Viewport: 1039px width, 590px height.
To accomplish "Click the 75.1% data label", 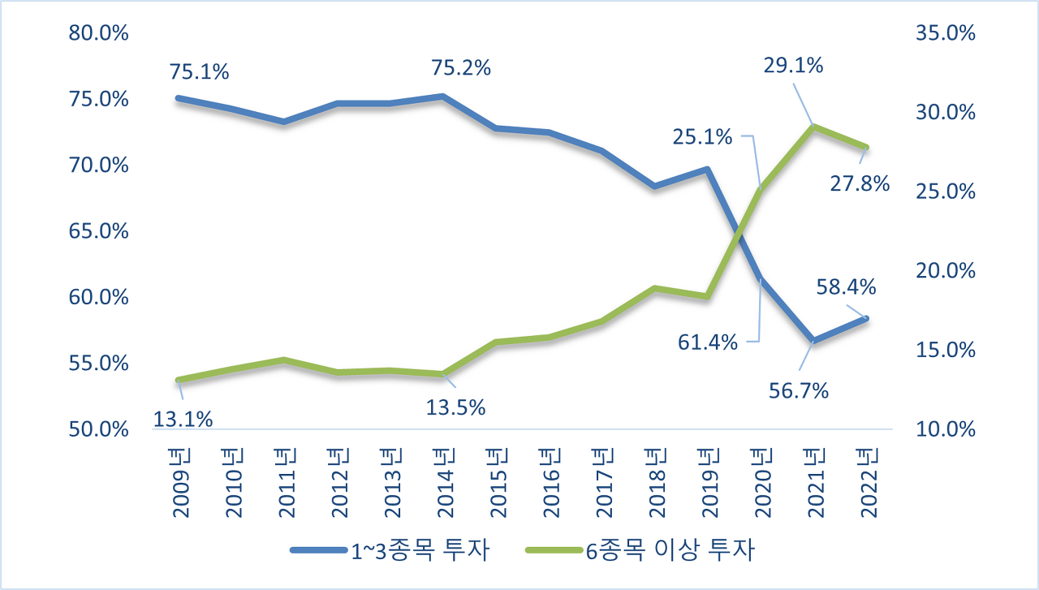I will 200,72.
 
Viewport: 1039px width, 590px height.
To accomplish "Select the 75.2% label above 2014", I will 461,68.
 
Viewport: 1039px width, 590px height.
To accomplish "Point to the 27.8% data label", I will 860,183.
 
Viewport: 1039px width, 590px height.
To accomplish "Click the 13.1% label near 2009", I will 183,420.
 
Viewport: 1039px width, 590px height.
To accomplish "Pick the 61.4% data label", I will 708,342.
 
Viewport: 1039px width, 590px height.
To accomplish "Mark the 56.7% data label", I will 799,391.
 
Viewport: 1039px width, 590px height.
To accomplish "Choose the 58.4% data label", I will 846,286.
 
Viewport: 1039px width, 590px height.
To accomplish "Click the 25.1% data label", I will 702,136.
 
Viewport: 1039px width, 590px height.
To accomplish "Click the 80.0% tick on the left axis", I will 99,33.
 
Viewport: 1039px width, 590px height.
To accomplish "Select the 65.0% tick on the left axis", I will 99,231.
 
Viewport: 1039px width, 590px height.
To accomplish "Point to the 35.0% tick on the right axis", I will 944,33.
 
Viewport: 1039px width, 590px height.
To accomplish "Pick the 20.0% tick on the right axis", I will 944,271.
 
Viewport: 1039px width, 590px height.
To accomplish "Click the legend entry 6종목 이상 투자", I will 640,552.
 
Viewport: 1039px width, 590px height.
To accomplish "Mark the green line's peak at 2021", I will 813,127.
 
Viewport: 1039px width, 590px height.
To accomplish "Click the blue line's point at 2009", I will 178,98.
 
